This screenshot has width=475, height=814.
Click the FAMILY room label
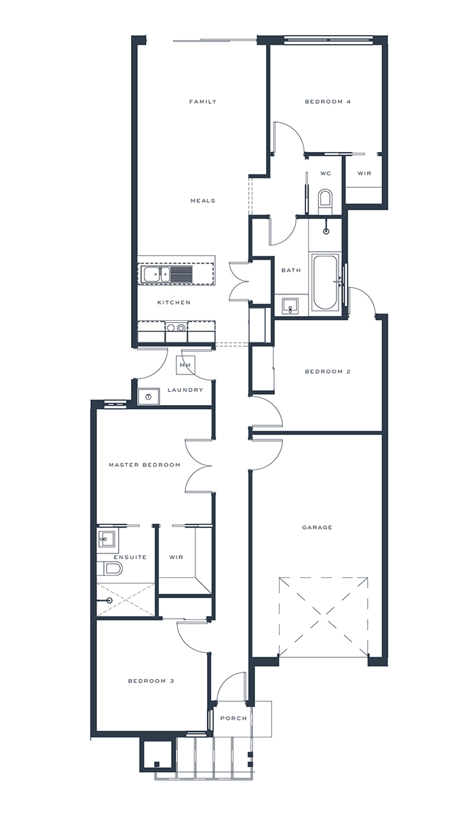(202, 102)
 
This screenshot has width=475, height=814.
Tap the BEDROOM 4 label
(327, 102)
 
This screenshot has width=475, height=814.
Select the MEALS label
(202, 201)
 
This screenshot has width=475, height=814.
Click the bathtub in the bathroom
(325, 282)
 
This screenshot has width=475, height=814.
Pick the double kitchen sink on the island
(155, 274)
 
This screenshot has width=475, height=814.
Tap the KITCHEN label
(174, 303)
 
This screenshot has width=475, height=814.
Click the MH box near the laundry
(185, 365)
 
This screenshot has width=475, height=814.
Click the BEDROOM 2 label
(327, 372)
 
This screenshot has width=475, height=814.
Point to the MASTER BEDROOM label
(145, 465)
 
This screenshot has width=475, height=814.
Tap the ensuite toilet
(111, 568)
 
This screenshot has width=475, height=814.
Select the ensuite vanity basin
(107, 539)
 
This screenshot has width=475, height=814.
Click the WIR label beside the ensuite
(176, 558)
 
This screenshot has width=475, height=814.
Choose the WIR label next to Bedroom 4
(364, 174)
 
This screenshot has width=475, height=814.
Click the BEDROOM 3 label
(151, 681)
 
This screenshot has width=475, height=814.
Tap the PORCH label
(233, 718)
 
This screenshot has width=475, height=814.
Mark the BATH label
(290, 271)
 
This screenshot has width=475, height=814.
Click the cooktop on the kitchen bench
(176, 328)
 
